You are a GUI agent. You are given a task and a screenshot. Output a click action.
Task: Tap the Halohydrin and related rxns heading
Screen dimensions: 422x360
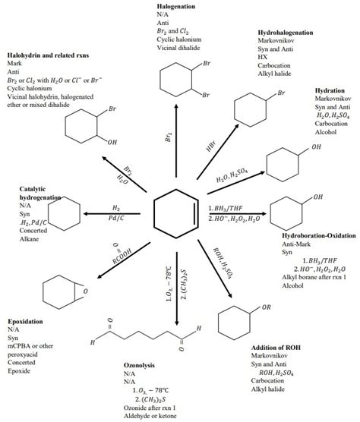click(x=49, y=55)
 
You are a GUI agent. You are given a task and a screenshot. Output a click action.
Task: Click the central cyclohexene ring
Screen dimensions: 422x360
click(x=175, y=211)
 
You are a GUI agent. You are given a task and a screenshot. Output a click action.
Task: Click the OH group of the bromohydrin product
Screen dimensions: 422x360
click(x=112, y=141)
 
